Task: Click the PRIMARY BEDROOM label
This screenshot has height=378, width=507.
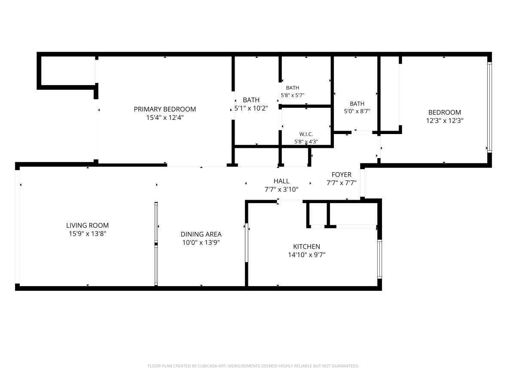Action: (x=165, y=109)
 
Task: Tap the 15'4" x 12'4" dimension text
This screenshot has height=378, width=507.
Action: (x=165, y=117)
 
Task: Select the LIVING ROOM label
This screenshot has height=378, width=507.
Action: (x=87, y=226)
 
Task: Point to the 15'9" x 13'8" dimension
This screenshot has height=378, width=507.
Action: (x=87, y=234)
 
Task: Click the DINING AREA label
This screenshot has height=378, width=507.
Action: (x=201, y=234)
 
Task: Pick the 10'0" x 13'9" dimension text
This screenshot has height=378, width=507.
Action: (x=201, y=243)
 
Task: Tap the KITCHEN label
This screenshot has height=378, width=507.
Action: (x=306, y=247)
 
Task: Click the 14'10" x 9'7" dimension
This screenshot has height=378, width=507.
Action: (x=306, y=255)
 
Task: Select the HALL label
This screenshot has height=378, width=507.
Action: (x=281, y=181)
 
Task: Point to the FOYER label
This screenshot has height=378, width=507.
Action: (x=342, y=175)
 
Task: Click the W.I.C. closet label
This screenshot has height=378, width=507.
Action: (x=306, y=134)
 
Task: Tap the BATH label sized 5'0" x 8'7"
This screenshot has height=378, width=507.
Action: (x=357, y=104)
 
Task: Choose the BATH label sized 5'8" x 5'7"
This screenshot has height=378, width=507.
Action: (x=293, y=88)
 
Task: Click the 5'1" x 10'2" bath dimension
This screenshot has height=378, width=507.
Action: (x=251, y=108)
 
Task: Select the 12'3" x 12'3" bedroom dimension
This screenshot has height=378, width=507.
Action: (x=445, y=121)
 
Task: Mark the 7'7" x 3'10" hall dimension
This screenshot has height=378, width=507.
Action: (x=281, y=189)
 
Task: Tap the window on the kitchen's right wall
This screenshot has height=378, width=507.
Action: (x=379, y=259)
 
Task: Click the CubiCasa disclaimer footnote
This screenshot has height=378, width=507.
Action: (x=253, y=366)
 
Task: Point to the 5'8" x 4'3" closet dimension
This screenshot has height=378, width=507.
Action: (x=306, y=142)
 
